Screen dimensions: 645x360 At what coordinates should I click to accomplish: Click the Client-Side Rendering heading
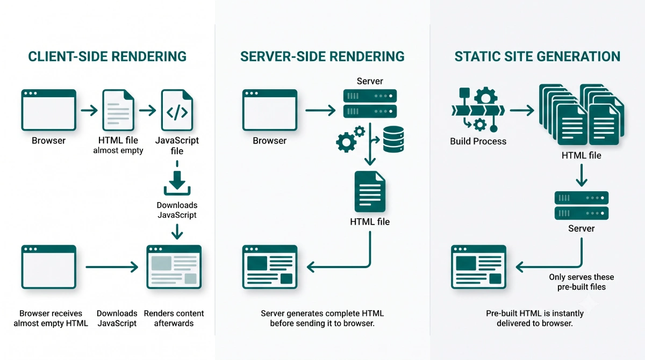pos(107,56)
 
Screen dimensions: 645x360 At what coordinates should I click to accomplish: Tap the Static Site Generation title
pos(537,56)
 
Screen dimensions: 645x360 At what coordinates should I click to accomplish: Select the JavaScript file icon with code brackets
pos(177,110)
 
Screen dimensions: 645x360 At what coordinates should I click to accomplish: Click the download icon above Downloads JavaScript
pos(177,183)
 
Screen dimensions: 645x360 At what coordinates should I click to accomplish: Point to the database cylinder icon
pos(393,139)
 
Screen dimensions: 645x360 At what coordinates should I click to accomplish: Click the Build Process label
pos(478,141)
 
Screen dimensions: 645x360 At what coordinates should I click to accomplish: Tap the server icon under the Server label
pos(370,104)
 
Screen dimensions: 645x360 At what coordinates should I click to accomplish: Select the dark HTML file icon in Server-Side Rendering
pos(370,192)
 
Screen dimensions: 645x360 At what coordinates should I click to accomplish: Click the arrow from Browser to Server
pos(320,110)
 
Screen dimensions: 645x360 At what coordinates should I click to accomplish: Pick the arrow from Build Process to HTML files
pos(522,110)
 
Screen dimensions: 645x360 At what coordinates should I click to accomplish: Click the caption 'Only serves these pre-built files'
pos(582,282)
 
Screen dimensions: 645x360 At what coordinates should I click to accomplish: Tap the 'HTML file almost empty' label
pos(118,145)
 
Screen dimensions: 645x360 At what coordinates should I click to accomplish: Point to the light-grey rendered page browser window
pos(174,267)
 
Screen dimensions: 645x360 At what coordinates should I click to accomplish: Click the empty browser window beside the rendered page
pos(49,267)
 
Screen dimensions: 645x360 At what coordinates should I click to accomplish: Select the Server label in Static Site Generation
pos(582,228)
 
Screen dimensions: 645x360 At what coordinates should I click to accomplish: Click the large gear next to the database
pos(346,142)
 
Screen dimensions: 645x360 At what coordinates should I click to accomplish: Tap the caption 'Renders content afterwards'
pos(174,318)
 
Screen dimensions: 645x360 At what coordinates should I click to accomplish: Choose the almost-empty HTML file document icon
pos(118,110)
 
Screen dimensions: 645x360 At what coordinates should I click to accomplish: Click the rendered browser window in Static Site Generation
pos(478,267)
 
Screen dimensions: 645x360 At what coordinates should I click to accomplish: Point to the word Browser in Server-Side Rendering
pos(269,141)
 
